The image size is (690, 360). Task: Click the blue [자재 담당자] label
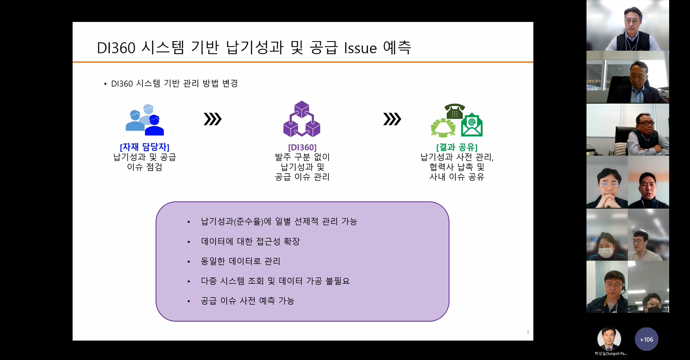145,147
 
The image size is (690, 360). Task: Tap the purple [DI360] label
302,147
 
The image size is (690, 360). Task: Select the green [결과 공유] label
457,147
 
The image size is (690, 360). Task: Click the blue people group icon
145,120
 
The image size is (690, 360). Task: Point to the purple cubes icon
302,119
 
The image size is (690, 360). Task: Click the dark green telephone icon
455,111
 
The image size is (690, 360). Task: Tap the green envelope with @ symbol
472,125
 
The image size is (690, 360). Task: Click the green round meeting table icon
443,128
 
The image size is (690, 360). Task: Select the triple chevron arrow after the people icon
213,119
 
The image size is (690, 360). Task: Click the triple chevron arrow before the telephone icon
392,119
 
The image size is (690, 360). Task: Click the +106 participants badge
646,339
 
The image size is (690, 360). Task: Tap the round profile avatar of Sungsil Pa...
609,339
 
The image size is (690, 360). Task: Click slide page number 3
528,332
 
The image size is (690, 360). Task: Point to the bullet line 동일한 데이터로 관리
240,261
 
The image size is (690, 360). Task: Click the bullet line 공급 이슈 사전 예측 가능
248,301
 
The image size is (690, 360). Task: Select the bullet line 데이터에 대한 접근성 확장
250,241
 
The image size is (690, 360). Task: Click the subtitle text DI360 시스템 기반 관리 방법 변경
174,83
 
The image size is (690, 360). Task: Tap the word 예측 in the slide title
397,47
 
